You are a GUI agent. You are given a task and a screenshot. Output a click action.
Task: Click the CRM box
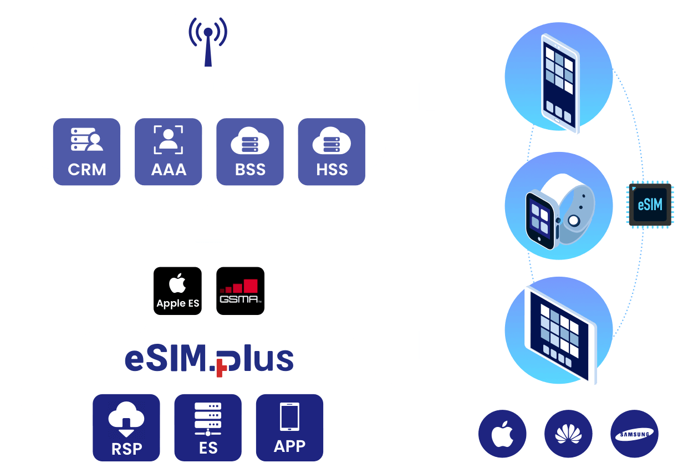click(87, 152)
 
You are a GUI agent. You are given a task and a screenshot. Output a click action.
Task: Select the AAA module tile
click(169, 152)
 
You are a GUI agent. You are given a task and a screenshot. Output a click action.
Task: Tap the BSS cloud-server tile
click(250, 152)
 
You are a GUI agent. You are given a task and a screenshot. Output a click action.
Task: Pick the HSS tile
click(332, 152)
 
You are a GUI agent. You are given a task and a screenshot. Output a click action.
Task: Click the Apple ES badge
click(177, 291)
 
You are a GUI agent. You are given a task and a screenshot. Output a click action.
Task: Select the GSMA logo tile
click(239, 291)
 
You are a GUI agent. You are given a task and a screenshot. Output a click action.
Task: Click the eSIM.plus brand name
click(209, 360)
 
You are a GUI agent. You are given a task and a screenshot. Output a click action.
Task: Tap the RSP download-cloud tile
click(126, 428)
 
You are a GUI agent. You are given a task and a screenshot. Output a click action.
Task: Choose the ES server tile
click(208, 428)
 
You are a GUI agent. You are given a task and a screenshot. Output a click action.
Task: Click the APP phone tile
click(289, 428)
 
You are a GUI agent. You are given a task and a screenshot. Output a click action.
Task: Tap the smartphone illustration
click(559, 83)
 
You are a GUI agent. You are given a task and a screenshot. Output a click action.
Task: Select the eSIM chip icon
click(650, 205)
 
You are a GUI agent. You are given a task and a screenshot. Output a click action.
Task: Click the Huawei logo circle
click(568, 434)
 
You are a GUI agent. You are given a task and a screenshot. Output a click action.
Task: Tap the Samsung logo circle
click(634, 434)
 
